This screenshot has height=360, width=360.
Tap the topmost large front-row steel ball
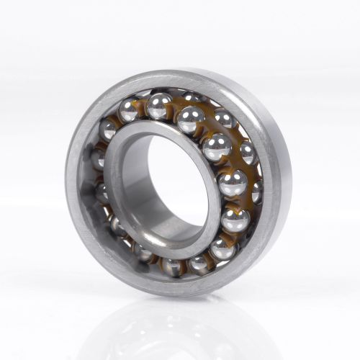coord(158,106)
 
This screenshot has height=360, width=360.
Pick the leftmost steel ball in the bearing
coord(96,158)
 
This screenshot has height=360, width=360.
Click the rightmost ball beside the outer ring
coord(257,192)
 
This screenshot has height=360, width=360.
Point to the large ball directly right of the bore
coord(232,183)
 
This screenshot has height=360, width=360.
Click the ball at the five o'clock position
coord(222,248)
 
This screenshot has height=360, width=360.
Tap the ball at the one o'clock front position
coord(191,119)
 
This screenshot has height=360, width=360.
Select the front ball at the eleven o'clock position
coord(130,110)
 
